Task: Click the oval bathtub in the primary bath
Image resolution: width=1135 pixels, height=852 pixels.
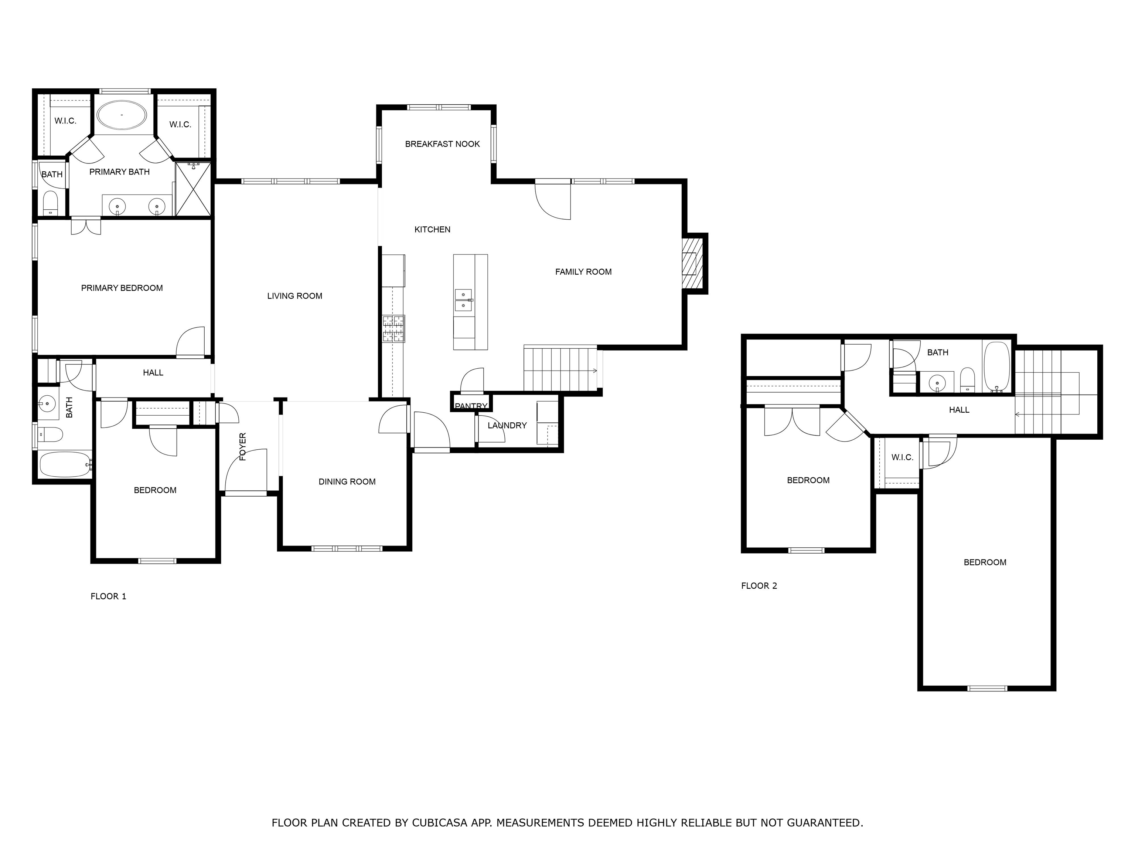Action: point(122,115)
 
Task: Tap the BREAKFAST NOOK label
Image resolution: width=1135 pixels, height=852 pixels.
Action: point(442,144)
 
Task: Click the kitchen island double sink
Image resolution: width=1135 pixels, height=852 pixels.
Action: point(463,300)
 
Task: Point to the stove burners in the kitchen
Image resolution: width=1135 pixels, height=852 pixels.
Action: point(393,329)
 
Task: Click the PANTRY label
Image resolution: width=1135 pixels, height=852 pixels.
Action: point(471,406)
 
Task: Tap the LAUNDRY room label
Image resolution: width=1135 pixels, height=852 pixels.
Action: point(507,425)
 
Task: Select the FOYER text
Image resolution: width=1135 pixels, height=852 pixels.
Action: point(243,446)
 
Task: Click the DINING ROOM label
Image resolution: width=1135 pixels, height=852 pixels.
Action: point(347,482)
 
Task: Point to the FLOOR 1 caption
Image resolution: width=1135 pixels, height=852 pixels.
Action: point(108,596)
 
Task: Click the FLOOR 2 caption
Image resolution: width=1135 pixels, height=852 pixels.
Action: point(759,586)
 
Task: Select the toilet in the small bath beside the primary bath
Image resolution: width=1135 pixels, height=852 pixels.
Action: point(50,203)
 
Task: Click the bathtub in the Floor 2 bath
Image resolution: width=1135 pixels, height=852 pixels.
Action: point(996,367)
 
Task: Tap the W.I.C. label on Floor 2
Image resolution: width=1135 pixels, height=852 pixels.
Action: point(902,457)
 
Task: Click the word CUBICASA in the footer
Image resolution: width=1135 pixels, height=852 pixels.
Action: point(440,794)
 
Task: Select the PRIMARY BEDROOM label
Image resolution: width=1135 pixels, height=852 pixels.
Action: point(122,288)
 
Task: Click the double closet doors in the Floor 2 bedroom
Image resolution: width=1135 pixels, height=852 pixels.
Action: point(792,421)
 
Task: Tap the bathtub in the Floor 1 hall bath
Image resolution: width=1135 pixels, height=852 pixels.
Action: point(65,465)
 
